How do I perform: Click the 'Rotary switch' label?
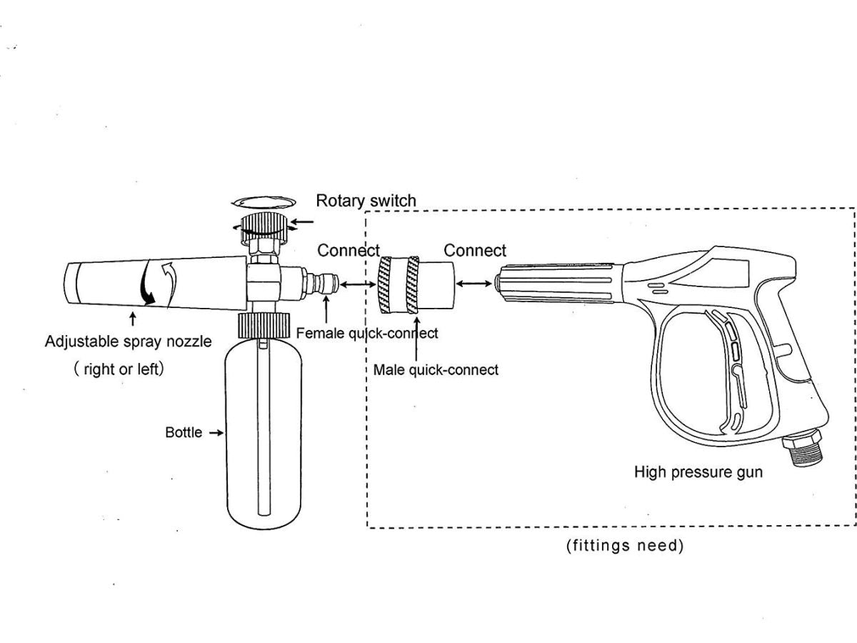click(x=366, y=201)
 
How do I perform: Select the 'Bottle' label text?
click(x=184, y=432)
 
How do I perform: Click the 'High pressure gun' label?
click(x=698, y=472)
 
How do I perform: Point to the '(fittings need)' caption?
click(x=625, y=546)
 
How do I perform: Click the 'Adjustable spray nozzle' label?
click(x=129, y=342)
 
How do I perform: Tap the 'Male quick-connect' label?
click(x=436, y=370)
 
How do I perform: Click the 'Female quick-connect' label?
click(x=367, y=333)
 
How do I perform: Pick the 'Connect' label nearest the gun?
click(x=475, y=251)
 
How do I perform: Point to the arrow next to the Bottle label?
click(x=216, y=432)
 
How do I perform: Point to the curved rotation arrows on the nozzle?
click(x=158, y=284)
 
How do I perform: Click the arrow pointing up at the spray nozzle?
click(x=133, y=319)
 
